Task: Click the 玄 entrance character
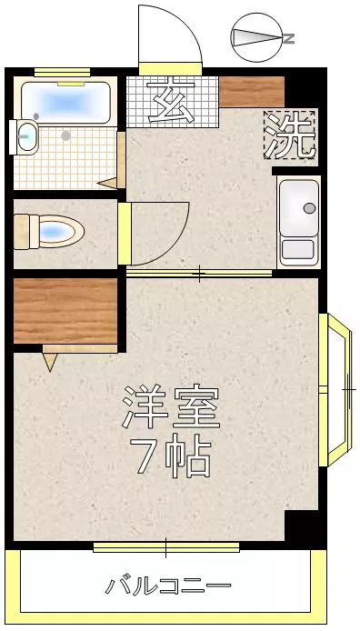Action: click(x=172, y=102)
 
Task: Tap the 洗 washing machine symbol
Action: click(x=290, y=135)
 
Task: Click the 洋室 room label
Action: click(x=171, y=407)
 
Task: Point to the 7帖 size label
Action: click(x=171, y=456)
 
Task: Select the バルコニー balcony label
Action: click(x=168, y=586)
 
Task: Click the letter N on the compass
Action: click(x=289, y=38)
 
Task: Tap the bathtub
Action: click(x=65, y=103)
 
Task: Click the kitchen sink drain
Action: click(x=309, y=208)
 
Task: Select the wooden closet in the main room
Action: click(x=65, y=311)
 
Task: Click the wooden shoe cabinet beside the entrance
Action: click(x=252, y=92)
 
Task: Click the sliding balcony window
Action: click(x=166, y=547)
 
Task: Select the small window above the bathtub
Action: click(x=62, y=73)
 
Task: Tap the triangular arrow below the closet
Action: click(x=50, y=362)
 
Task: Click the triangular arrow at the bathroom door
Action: click(x=107, y=184)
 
